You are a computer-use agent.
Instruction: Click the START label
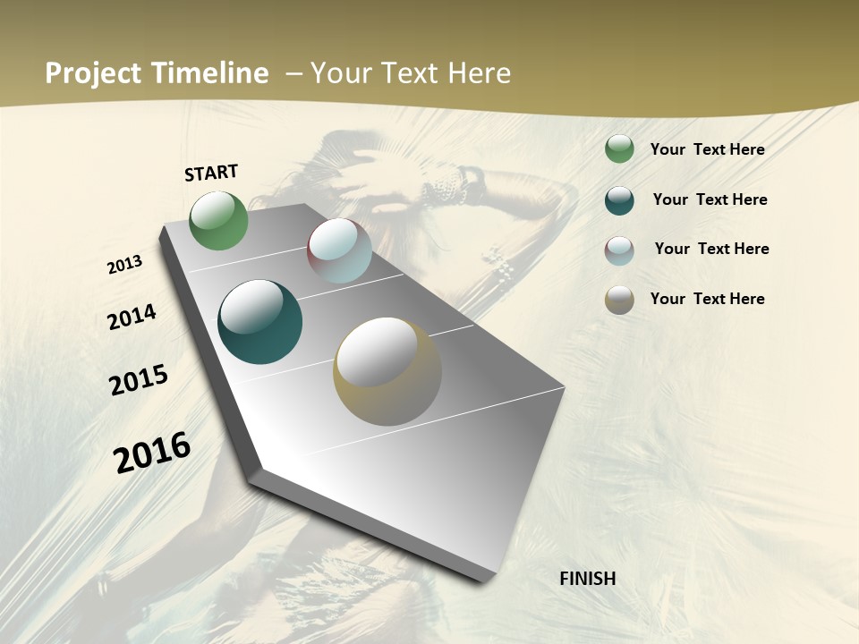click(211, 173)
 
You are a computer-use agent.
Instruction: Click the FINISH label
click(588, 579)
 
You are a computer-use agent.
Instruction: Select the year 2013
click(125, 265)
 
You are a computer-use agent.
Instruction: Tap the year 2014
click(132, 318)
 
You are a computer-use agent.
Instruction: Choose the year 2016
click(152, 453)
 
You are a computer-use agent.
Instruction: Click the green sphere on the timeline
click(218, 221)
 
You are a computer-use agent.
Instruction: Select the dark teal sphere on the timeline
click(260, 322)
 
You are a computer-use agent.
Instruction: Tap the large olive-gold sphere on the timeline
click(387, 371)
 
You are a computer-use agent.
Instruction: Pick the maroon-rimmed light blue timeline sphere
click(339, 250)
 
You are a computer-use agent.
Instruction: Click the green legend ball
click(619, 149)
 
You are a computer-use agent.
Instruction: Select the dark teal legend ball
click(619, 199)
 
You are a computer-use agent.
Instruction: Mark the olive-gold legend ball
click(619, 299)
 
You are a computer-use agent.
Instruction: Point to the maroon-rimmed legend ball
click(619, 250)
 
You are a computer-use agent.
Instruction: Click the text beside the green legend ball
click(707, 149)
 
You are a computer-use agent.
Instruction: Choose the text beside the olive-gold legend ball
click(707, 299)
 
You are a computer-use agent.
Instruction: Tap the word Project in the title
click(93, 73)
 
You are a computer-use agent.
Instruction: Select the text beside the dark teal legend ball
click(710, 199)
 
